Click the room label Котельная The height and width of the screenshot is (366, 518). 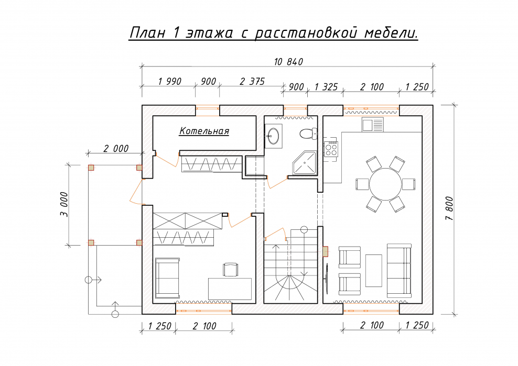[x=204, y=131]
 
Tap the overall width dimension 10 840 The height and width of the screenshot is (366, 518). [x=288, y=62]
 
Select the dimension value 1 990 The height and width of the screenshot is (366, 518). [x=169, y=82]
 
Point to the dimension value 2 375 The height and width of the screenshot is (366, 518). [x=252, y=82]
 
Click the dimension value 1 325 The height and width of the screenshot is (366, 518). [x=326, y=86]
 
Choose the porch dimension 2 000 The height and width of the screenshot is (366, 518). [x=115, y=149]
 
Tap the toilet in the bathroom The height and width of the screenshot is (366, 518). [x=308, y=134]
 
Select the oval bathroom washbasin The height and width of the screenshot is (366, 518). [x=273, y=136]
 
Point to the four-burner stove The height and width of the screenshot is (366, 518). [x=331, y=149]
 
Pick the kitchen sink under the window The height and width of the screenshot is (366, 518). [x=372, y=125]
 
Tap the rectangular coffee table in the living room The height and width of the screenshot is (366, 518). [x=373, y=270]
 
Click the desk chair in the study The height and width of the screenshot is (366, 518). [x=230, y=269]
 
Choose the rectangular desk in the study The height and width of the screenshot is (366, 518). [x=230, y=289]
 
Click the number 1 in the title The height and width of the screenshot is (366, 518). [x=176, y=33]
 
